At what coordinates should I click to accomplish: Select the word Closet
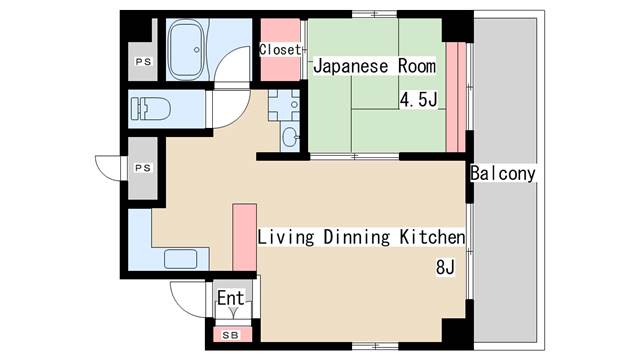click(280, 49)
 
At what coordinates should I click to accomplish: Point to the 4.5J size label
click(420, 100)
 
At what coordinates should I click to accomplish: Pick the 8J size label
click(444, 268)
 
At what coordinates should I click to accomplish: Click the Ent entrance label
click(231, 298)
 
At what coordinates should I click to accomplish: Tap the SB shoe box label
click(230, 334)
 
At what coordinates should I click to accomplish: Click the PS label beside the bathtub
click(142, 62)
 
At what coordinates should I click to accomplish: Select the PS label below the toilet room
click(142, 168)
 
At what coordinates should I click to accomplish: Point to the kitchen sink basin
click(181, 260)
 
